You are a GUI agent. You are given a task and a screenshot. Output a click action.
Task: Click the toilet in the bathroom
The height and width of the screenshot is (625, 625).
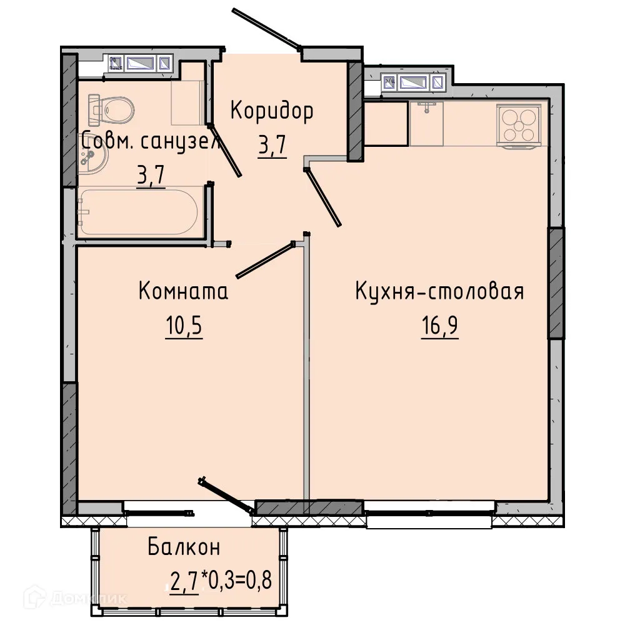112,109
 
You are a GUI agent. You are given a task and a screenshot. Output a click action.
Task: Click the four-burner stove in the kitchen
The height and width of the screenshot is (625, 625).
517,125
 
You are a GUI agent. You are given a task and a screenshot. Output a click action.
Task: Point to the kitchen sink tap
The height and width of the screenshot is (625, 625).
427,107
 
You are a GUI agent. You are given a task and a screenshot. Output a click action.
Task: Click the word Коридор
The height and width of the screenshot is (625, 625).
272,111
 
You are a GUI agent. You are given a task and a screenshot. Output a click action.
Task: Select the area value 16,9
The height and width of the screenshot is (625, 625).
440,327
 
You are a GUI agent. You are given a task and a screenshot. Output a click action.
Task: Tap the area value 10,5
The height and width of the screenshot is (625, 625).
185,327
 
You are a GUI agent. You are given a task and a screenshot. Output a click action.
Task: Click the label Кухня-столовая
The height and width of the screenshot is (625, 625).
439,292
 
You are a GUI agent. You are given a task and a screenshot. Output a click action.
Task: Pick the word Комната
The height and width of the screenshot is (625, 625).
183,291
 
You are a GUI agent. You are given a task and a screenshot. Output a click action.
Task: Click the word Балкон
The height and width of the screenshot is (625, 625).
184,547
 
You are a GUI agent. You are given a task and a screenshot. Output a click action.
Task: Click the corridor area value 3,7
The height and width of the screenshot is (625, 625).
272,147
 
